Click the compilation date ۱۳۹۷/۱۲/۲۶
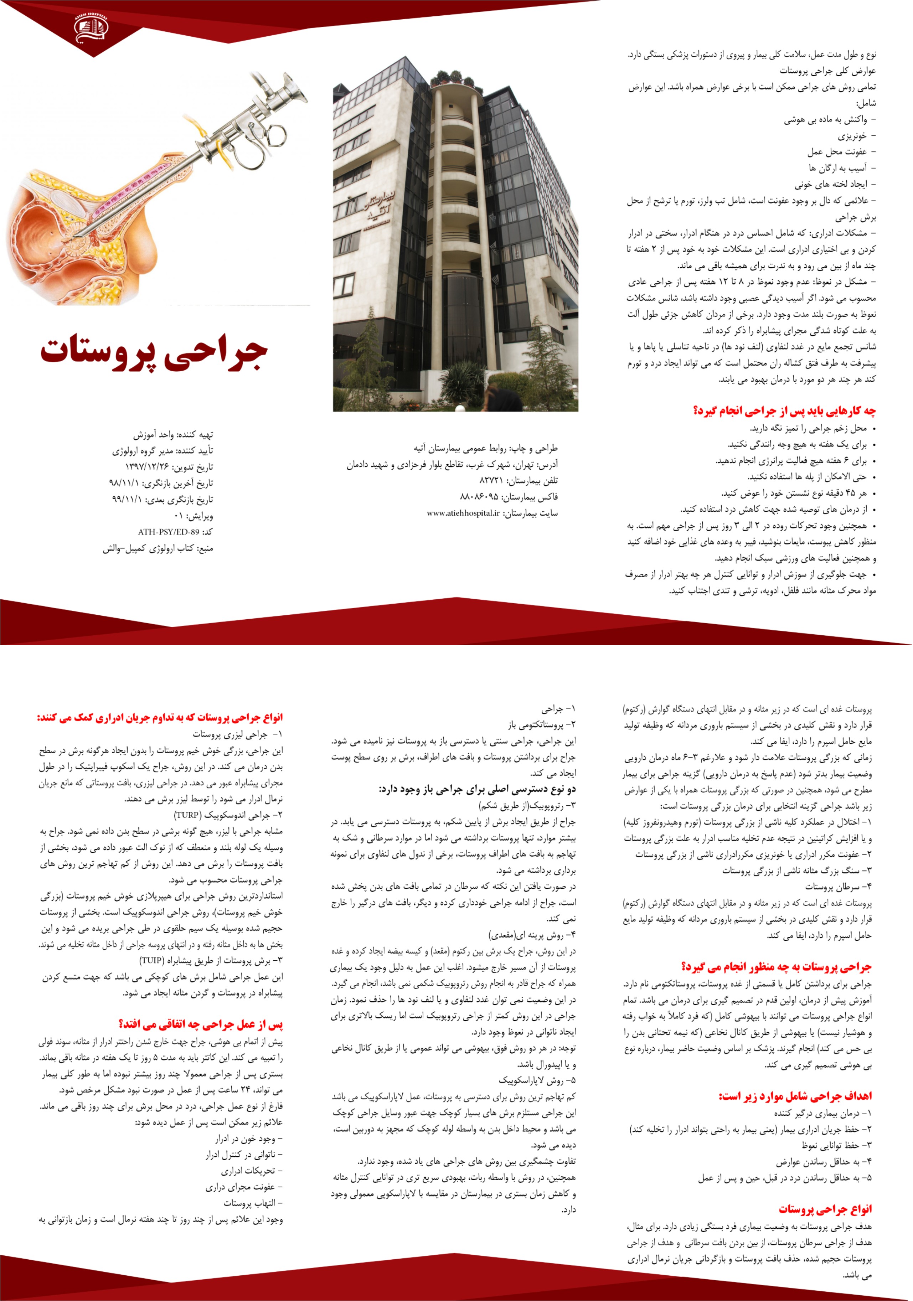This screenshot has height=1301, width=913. (x=146, y=467)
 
